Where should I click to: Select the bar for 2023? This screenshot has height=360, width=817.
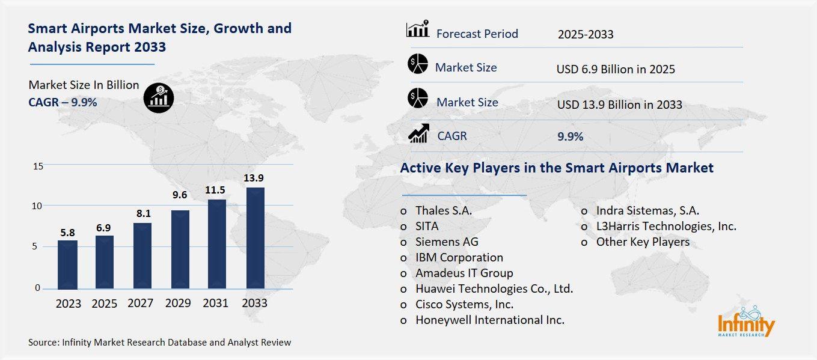click(x=67, y=264)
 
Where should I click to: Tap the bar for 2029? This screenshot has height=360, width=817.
click(x=180, y=249)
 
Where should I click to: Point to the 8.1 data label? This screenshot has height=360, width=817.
click(x=142, y=213)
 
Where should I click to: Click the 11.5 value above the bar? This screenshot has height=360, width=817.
click(x=216, y=190)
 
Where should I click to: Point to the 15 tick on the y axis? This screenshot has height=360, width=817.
click(x=37, y=166)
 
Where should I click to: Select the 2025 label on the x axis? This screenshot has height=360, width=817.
click(x=105, y=304)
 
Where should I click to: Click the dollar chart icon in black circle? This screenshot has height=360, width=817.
click(x=159, y=96)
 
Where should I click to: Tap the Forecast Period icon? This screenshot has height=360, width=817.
click(x=418, y=29)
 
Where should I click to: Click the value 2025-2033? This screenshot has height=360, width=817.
click(x=585, y=34)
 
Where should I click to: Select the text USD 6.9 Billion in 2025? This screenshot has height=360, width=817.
click(x=616, y=69)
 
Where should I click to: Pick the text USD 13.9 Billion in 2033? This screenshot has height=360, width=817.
click(x=619, y=105)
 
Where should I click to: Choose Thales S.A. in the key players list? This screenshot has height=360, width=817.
click(x=443, y=211)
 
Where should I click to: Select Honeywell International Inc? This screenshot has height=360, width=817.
click(x=489, y=320)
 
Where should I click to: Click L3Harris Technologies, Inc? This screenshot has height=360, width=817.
click(x=666, y=227)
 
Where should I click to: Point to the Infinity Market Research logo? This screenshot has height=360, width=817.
click(x=746, y=322)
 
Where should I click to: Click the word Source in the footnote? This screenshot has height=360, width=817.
click(x=44, y=343)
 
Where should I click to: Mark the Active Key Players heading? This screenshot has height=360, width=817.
click(x=557, y=168)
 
